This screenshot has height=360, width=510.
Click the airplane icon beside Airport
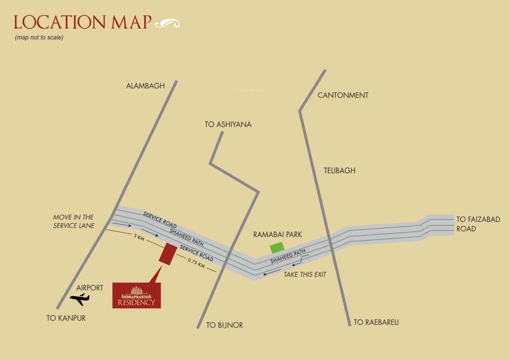[80, 298]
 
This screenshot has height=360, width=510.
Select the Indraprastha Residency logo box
[136, 295]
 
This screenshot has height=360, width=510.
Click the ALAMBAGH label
[145, 86]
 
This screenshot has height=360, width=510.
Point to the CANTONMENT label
[343, 95]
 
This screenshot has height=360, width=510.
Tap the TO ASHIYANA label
[228, 124]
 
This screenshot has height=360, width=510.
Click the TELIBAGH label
[339, 171]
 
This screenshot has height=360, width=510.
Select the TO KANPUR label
[66, 318]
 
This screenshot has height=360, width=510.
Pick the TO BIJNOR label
[225, 325]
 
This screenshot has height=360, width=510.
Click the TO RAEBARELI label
[376, 322]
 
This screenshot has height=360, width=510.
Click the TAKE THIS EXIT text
[305, 275]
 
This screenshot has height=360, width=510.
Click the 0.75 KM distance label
[196, 263]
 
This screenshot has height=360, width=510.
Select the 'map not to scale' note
[39, 37]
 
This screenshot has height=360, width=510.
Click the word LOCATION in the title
[52, 22]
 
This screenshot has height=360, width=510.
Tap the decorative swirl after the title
[167, 23]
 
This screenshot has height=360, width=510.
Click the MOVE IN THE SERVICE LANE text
[74, 221]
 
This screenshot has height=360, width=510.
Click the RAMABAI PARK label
[277, 234]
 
